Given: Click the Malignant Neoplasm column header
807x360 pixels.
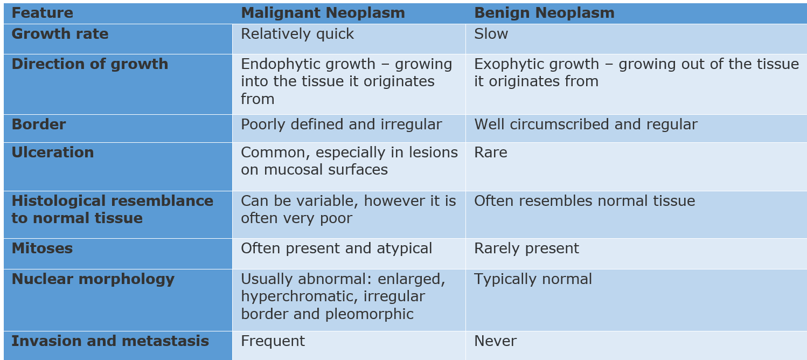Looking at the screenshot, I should (323, 13).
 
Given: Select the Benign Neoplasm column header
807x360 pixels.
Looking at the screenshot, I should (544, 13).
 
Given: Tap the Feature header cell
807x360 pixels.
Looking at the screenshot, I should (42, 13).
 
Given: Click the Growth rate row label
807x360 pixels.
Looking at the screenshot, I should (60, 34).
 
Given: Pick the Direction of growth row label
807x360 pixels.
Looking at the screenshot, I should (89, 64).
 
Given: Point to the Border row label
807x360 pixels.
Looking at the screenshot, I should (38, 124).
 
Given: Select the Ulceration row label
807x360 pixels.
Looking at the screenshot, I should (52, 153).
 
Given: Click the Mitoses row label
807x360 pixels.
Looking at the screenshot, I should (42, 248).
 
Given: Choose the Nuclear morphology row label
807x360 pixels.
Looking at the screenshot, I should (93, 279).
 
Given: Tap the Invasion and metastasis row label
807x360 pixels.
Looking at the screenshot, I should (110, 341).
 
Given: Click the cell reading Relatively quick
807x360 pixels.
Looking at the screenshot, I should (297, 34).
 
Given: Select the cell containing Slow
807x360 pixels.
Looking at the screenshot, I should (491, 34).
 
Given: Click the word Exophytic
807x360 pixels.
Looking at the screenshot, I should (505, 64).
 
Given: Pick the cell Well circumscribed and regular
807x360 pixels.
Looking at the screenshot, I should (586, 124).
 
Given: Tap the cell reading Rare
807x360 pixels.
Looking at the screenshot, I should (490, 153).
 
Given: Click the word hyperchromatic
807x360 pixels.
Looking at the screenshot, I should (297, 296).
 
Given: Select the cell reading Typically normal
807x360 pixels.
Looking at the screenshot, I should (533, 279).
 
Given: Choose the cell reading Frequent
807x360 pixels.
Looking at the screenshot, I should (273, 341).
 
